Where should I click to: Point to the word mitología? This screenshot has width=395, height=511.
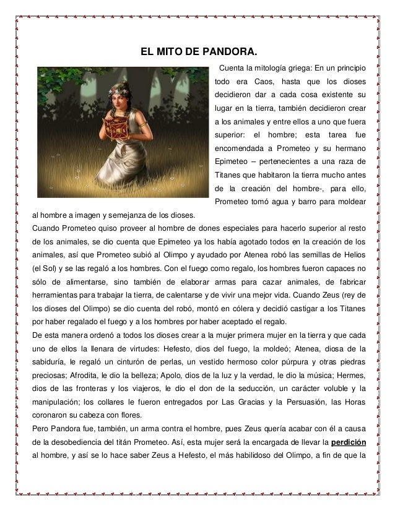pyautogui.click(x=267, y=67)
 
